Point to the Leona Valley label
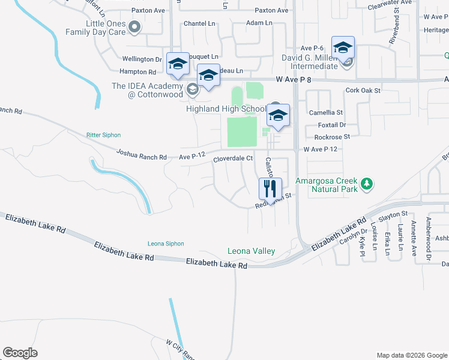(251, 251)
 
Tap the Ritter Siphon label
(103, 135)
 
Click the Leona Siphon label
(166, 243)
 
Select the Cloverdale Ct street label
(232, 158)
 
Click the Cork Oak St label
(363, 90)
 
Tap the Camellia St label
(325, 112)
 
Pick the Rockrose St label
(327, 136)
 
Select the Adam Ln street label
(259, 23)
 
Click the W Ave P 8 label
(295, 79)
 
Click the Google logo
(20, 352)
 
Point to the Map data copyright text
(411, 355)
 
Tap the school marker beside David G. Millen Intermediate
(343, 49)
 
